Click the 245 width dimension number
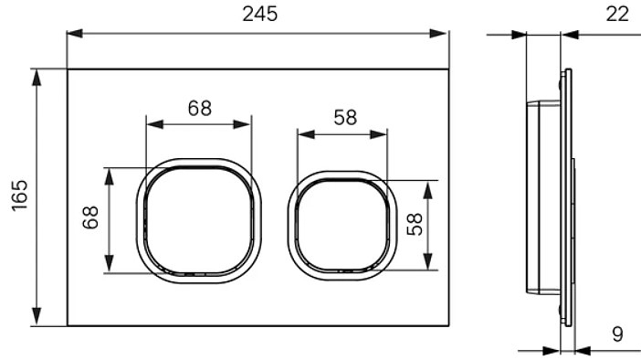point(260,14)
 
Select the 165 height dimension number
point(19,196)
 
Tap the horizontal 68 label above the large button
point(199,109)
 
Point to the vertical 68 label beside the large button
point(90,217)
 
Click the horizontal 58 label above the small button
point(345,117)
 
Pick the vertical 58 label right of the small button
point(415,224)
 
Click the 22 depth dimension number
point(617,15)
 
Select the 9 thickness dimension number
point(617,334)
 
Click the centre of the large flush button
point(199,220)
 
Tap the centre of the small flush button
point(342,226)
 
